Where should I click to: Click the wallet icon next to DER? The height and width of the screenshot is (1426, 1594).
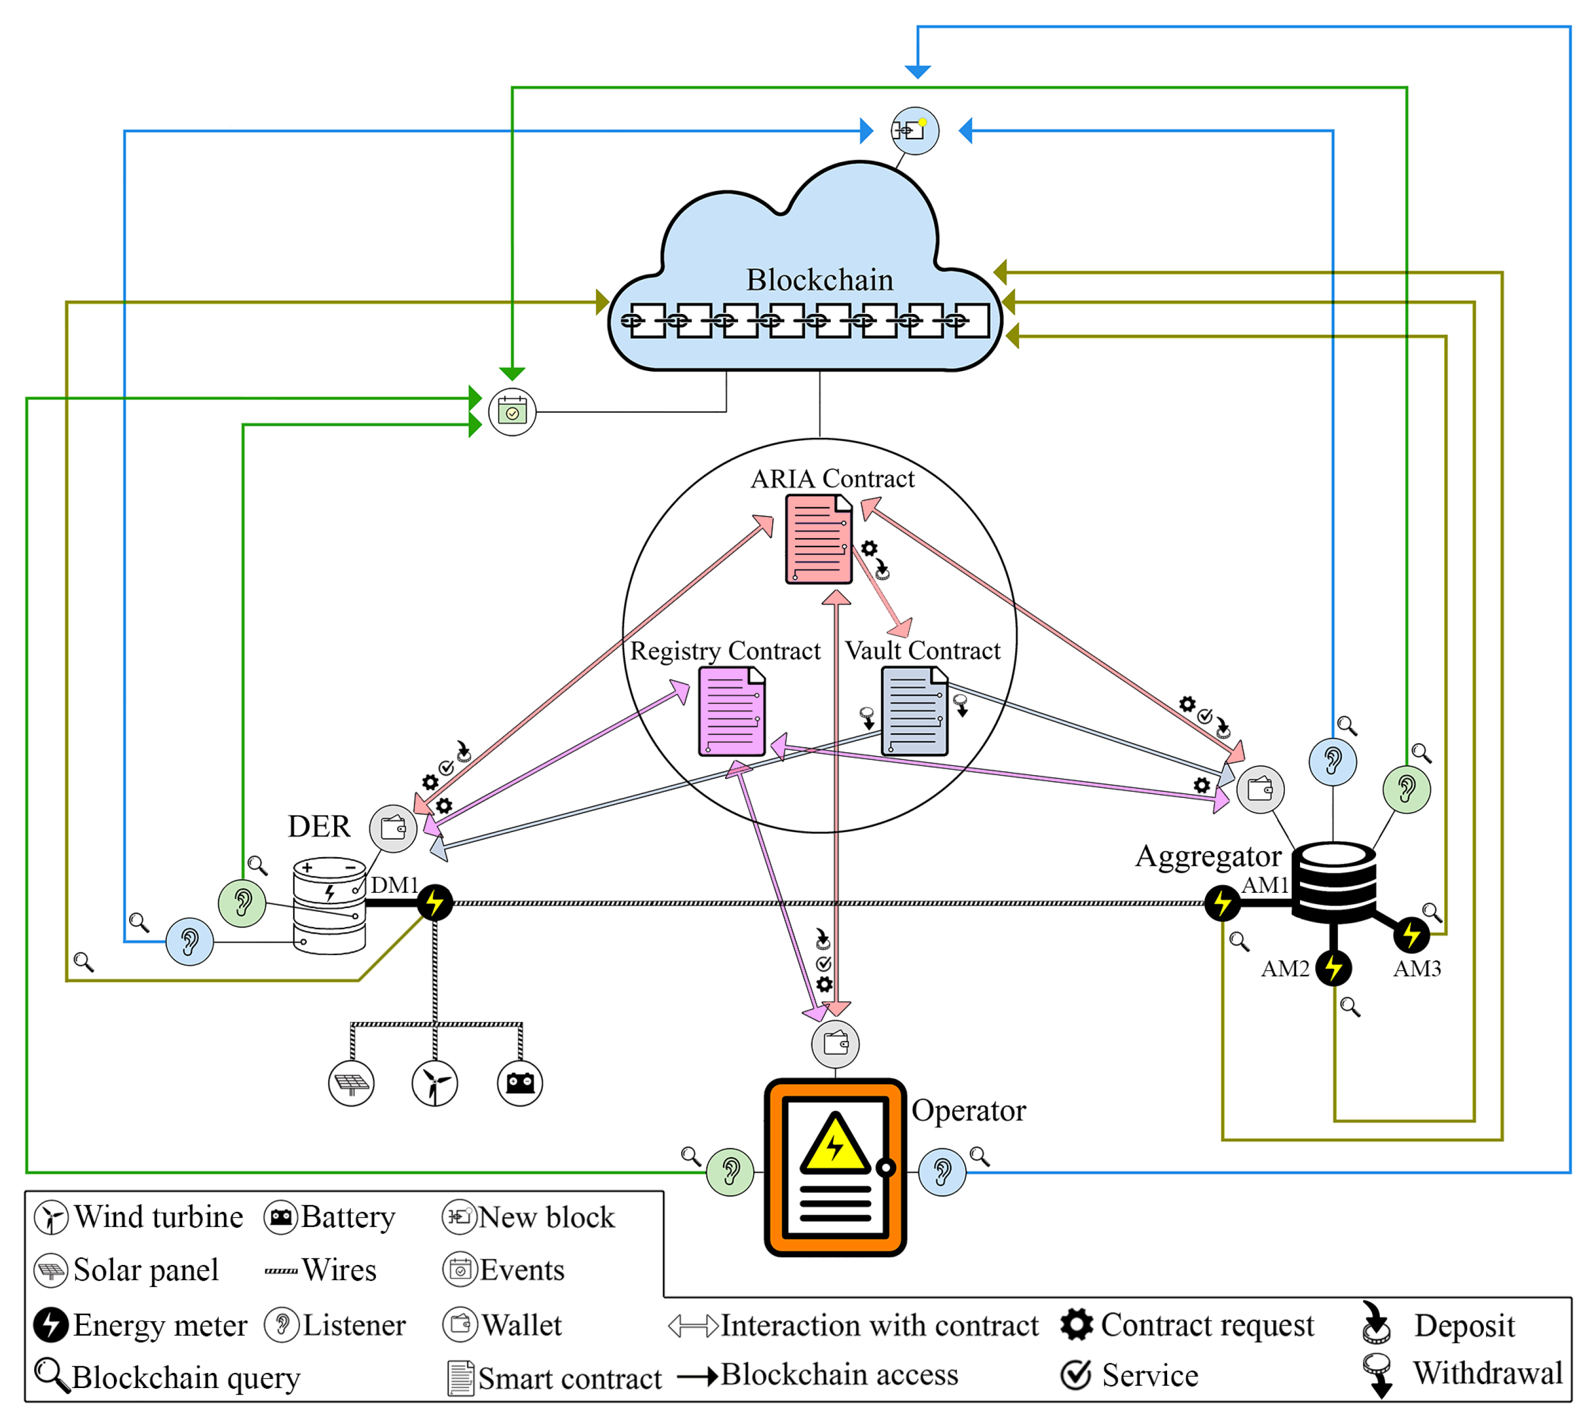tap(393, 828)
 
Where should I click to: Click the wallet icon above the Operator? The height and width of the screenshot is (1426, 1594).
tap(835, 1044)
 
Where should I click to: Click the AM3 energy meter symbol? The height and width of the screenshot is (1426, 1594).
tap(1411, 934)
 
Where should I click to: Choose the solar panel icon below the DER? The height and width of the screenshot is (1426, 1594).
tap(351, 1084)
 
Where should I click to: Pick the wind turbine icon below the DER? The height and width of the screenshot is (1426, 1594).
tap(435, 1084)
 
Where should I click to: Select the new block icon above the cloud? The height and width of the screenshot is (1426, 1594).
tap(914, 131)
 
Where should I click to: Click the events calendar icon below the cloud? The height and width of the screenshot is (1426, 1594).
tap(513, 412)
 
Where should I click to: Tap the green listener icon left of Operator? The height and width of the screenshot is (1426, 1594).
tap(730, 1172)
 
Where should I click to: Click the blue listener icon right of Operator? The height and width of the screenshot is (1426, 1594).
tap(942, 1172)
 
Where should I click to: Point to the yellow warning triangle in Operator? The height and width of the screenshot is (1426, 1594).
tap(835, 1144)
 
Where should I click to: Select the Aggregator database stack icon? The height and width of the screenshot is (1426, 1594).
tap(1333, 881)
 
